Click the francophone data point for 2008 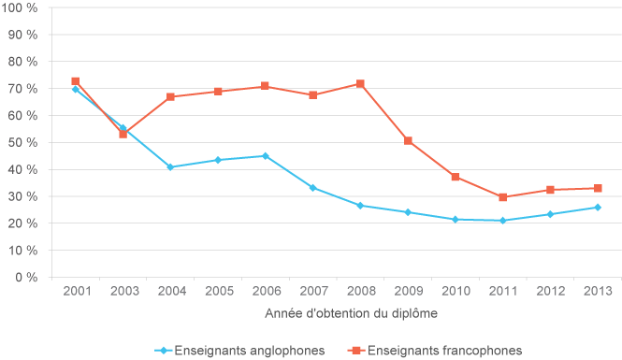[360, 84]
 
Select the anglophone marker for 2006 [265, 156]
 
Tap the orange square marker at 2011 [502, 197]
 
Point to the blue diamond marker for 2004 [170, 167]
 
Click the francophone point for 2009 [408, 141]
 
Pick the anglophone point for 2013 [598, 208]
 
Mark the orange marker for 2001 [75, 81]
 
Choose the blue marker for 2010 [456, 220]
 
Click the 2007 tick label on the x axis [312, 292]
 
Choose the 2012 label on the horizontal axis [550, 292]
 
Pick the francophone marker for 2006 [265, 86]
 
